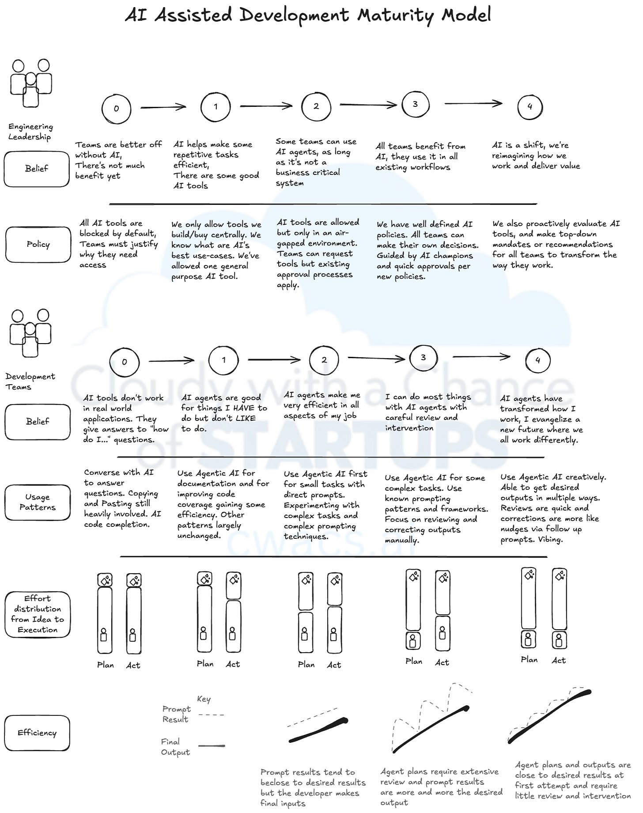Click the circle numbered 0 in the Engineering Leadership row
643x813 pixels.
(x=116, y=108)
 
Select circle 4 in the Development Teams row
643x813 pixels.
(x=538, y=360)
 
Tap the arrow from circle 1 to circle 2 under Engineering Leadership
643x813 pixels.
(x=266, y=106)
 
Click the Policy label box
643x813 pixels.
(x=38, y=244)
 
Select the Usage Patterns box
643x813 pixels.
(x=38, y=502)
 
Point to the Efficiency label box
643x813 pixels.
(x=37, y=733)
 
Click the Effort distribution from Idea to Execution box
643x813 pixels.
(x=38, y=614)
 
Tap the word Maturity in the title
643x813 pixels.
(x=396, y=15)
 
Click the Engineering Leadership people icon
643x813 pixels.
(x=31, y=83)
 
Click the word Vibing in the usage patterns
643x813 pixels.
(x=550, y=540)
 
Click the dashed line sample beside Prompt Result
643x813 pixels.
(x=211, y=714)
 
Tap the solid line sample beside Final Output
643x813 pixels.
(x=212, y=746)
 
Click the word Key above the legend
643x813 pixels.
(x=204, y=699)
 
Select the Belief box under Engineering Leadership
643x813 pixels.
(x=37, y=168)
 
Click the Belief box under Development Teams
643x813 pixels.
(x=38, y=421)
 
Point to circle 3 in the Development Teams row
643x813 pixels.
(x=423, y=357)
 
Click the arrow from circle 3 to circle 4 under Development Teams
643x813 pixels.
(x=481, y=356)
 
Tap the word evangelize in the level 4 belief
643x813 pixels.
(x=552, y=419)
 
